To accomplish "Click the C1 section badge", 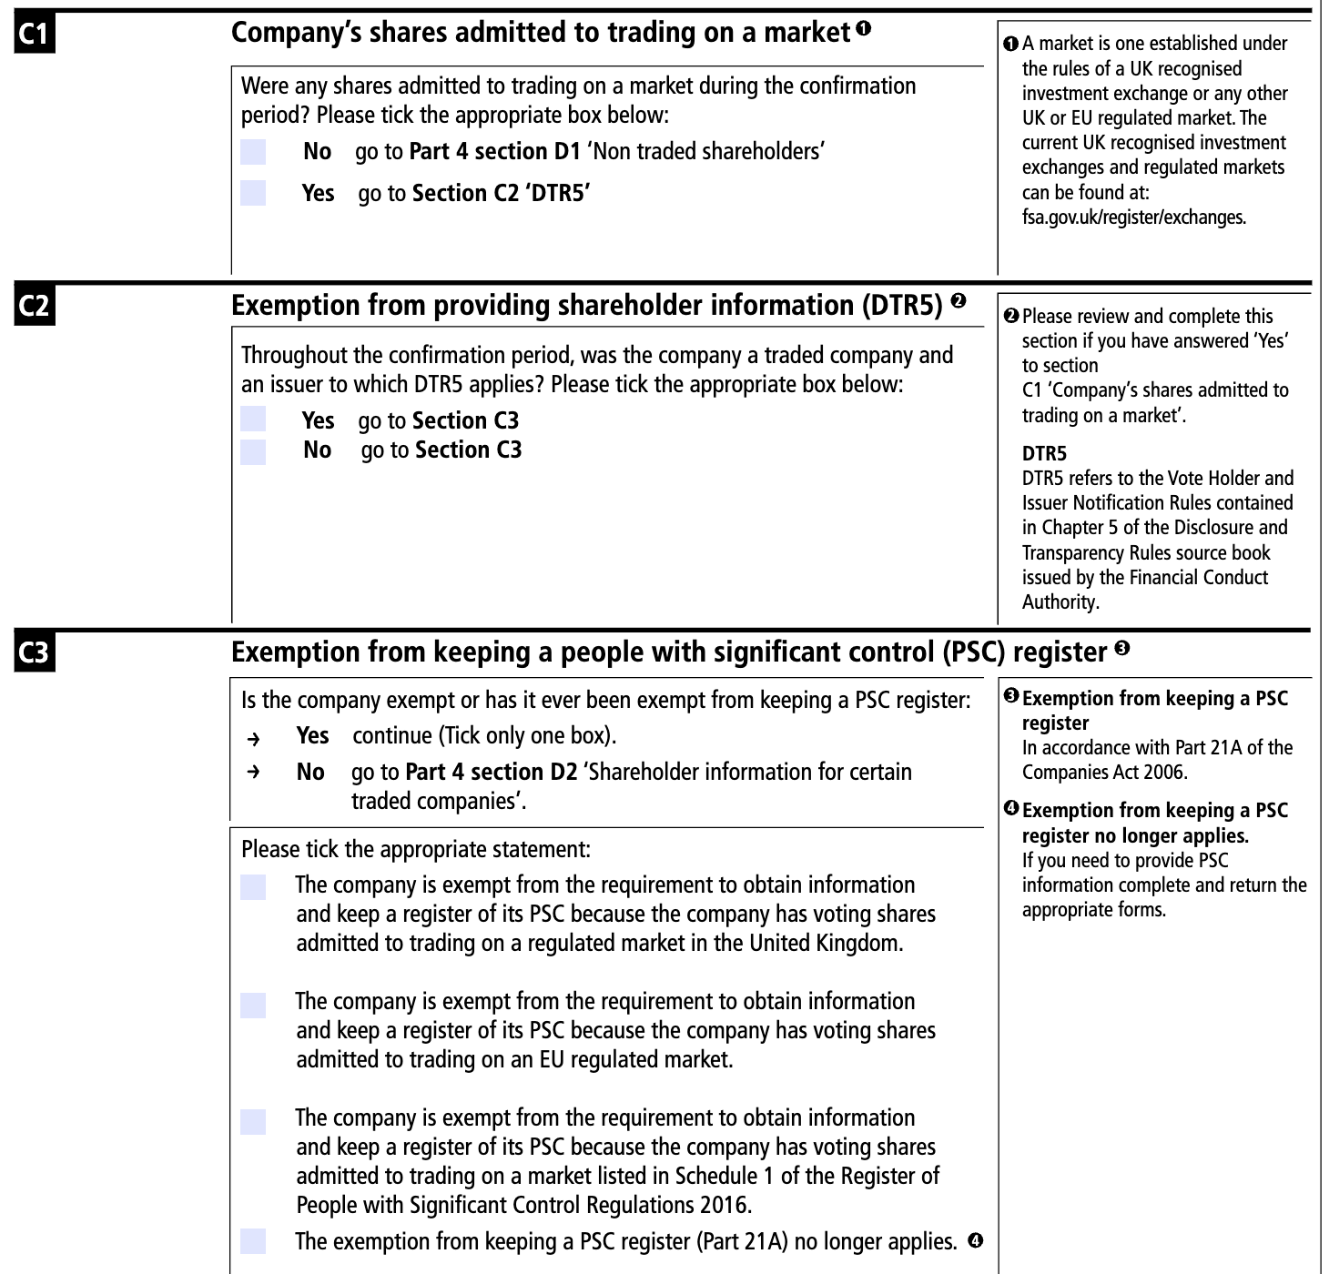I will [x=35, y=35].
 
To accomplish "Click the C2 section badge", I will [x=35, y=307].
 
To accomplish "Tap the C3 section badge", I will [x=35, y=654].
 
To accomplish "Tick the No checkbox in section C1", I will [x=253, y=152].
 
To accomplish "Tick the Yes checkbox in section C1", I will [x=253, y=193].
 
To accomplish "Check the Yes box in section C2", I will [x=253, y=420].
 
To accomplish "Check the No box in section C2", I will [x=253, y=451].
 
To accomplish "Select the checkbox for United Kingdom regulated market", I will [x=253, y=886].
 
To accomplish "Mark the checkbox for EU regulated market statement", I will [x=253, y=1005].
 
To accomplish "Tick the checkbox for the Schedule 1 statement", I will [x=253, y=1121].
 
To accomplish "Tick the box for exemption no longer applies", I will [x=253, y=1241].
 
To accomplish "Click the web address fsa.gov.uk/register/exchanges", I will [x=1133, y=217].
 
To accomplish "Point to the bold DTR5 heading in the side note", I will [x=1044, y=453].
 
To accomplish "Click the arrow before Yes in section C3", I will [x=254, y=737].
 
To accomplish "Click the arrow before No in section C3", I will [x=254, y=773].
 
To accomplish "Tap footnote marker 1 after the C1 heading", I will [x=863, y=28].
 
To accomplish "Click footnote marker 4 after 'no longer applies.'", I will [x=975, y=1239].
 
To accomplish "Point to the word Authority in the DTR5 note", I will [x=1060, y=602].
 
